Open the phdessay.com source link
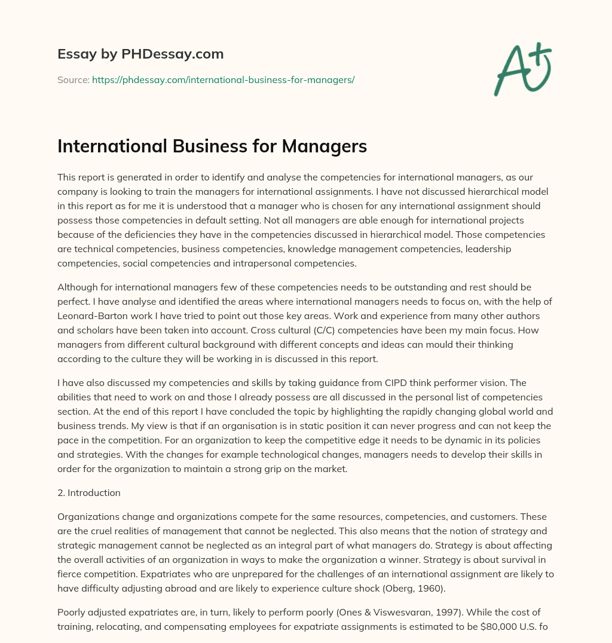point(223,79)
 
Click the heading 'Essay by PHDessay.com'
point(140,54)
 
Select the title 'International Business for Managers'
point(212,147)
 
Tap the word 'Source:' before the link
point(73,79)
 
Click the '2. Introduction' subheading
point(89,493)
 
